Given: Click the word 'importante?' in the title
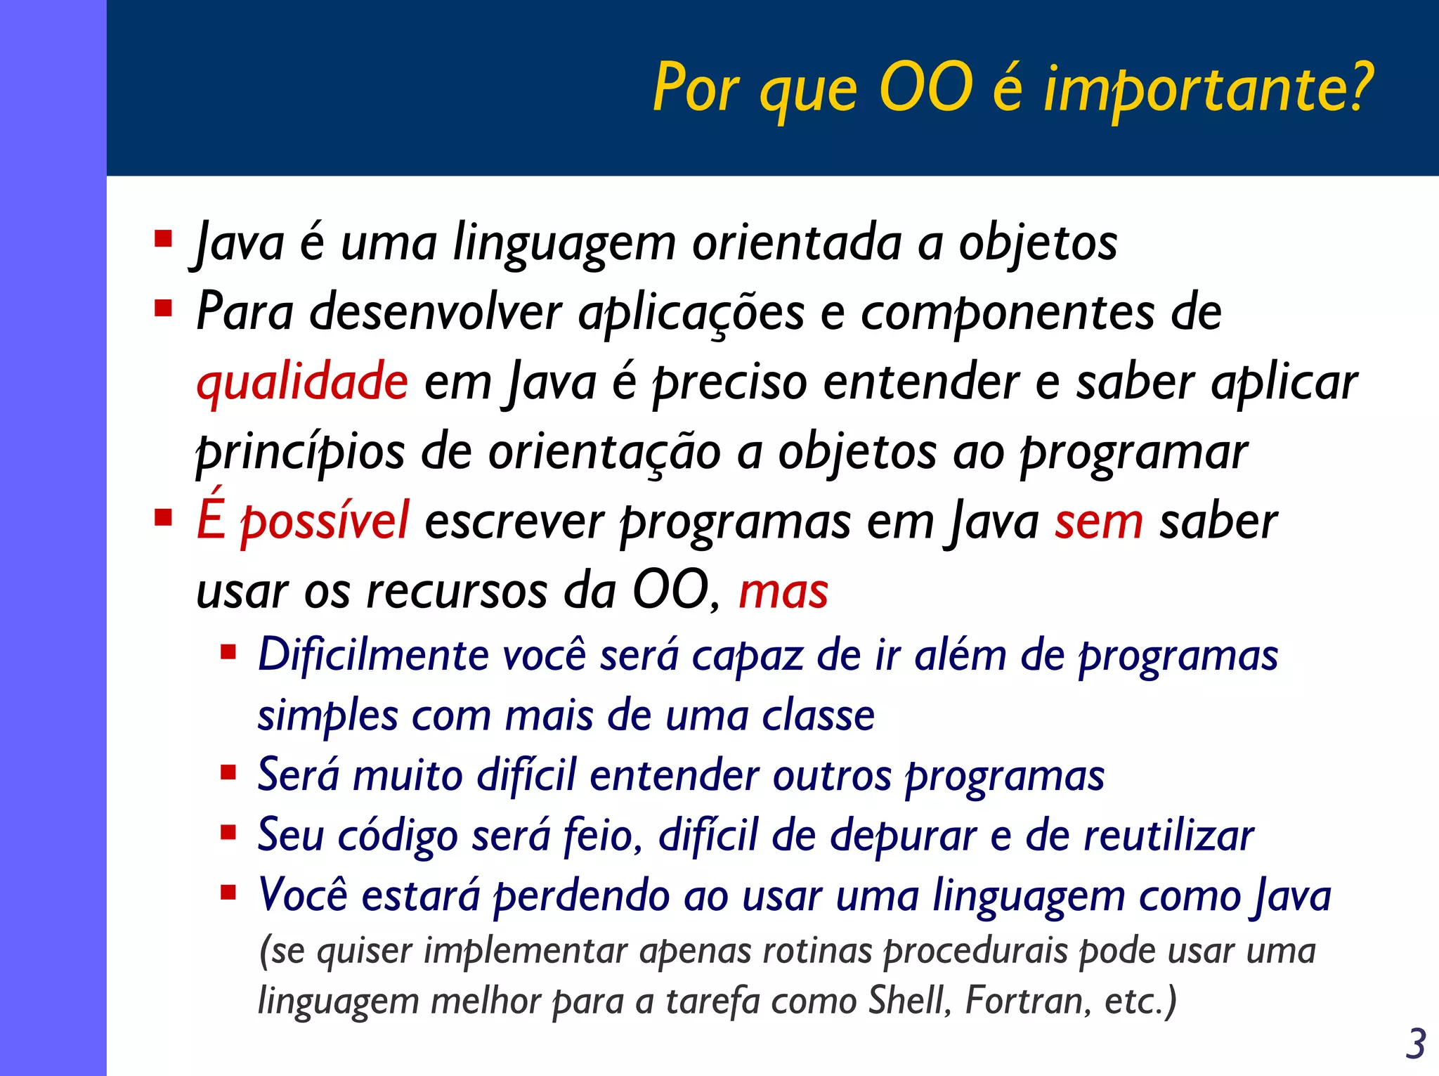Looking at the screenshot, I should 1208,89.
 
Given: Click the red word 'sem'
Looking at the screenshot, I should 1098,522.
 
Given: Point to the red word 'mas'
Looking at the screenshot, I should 783,591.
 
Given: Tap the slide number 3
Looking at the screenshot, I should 1415,1044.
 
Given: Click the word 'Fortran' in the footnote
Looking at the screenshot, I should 1027,1000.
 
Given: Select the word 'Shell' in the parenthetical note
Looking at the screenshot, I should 909,1000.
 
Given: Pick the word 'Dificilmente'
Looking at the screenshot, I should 373,655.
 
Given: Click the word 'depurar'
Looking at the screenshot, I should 903,836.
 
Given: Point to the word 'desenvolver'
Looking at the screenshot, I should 436,312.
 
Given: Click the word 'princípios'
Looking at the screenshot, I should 300,452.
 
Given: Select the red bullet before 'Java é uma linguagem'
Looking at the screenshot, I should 163,239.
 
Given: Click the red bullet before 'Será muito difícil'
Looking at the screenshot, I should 228,773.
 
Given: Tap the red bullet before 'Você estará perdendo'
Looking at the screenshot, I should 228,893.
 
